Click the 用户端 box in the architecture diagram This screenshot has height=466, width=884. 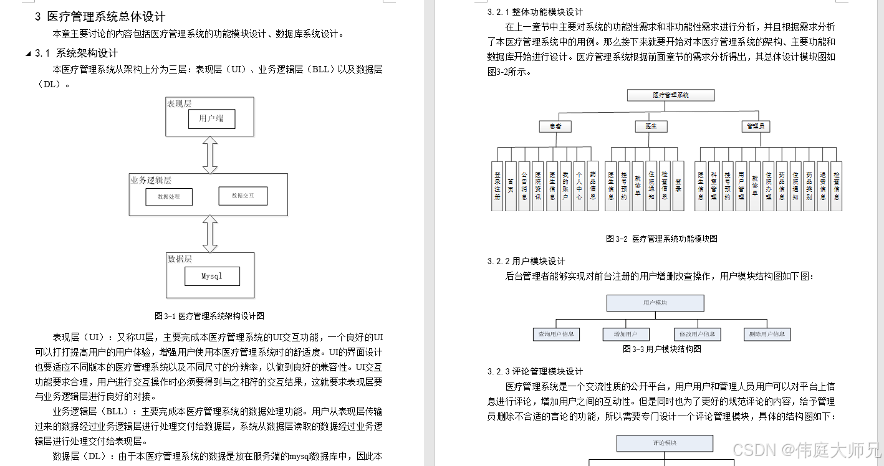211,118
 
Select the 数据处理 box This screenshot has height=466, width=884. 168,197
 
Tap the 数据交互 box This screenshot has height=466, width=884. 243,196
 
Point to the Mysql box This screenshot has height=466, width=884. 212,276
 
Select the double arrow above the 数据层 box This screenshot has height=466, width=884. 210,234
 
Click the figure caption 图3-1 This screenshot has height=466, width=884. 209,316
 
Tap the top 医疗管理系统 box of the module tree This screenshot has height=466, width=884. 670,95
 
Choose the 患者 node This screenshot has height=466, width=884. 555,126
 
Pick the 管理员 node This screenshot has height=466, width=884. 755,126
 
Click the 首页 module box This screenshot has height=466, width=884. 511,186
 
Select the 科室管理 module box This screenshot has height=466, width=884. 714,186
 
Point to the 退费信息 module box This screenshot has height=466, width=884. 822,186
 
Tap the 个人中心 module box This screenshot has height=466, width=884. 579,186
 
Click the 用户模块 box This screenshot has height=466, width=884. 655,303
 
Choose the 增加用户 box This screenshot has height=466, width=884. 626,335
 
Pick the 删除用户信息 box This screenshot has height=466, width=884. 766,335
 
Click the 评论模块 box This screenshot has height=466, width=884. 664,443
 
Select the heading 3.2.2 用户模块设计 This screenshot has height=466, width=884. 526,261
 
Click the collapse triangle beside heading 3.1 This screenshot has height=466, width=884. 29,54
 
